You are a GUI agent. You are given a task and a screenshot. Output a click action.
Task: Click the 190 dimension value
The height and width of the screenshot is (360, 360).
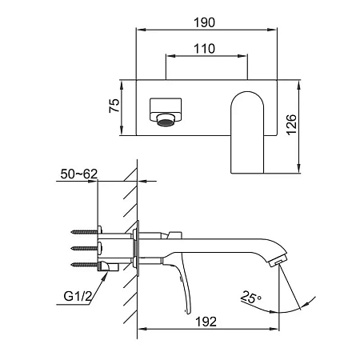204,22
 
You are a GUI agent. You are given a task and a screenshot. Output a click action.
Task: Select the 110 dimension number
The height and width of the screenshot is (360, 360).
204,49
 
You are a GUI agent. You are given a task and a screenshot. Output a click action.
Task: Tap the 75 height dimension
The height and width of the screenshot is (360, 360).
114,106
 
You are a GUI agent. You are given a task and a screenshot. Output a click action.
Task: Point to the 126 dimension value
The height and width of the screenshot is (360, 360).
292,125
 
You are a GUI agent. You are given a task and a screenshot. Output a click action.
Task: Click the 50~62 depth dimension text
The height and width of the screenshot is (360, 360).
79,174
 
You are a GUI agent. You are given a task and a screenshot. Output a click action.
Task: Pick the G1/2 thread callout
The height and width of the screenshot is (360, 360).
78,296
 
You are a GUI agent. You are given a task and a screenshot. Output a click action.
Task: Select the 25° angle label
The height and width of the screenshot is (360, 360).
250,298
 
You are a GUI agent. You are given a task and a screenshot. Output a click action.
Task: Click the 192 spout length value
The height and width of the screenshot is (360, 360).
206,322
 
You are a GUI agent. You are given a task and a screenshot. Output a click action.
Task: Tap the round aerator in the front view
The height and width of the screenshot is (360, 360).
166,120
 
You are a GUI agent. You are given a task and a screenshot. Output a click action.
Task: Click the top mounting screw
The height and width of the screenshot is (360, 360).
86,231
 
